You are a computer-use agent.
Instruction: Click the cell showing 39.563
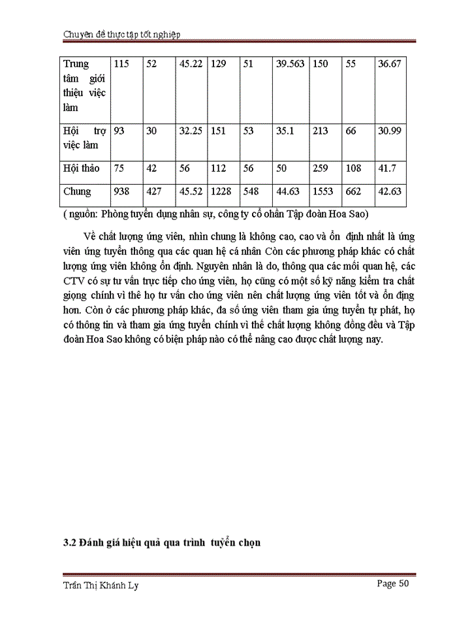(291, 65)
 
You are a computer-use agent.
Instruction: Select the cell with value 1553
(323, 191)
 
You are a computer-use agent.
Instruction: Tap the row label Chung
(77, 191)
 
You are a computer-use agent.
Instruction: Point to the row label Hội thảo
(82, 168)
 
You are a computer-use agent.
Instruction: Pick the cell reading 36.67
(390, 65)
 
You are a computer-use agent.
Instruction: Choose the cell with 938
(122, 191)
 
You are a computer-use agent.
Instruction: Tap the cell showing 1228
(221, 191)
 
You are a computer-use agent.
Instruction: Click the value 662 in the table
(354, 191)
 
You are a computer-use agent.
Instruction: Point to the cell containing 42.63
(390, 191)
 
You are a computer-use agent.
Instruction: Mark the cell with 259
(320, 168)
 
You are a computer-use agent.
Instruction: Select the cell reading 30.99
(390, 131)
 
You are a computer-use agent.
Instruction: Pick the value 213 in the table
(320, 131)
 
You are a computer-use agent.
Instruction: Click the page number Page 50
(393, 584)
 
